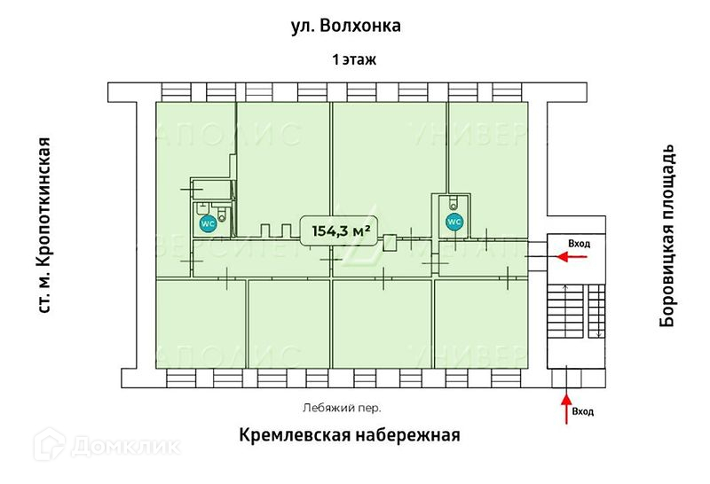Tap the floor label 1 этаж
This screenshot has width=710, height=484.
click(354, 60)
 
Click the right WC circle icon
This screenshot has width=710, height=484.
click(453, 221)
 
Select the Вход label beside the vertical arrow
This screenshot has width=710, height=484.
click(583, 412)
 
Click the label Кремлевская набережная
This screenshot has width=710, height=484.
click(349, 436)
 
